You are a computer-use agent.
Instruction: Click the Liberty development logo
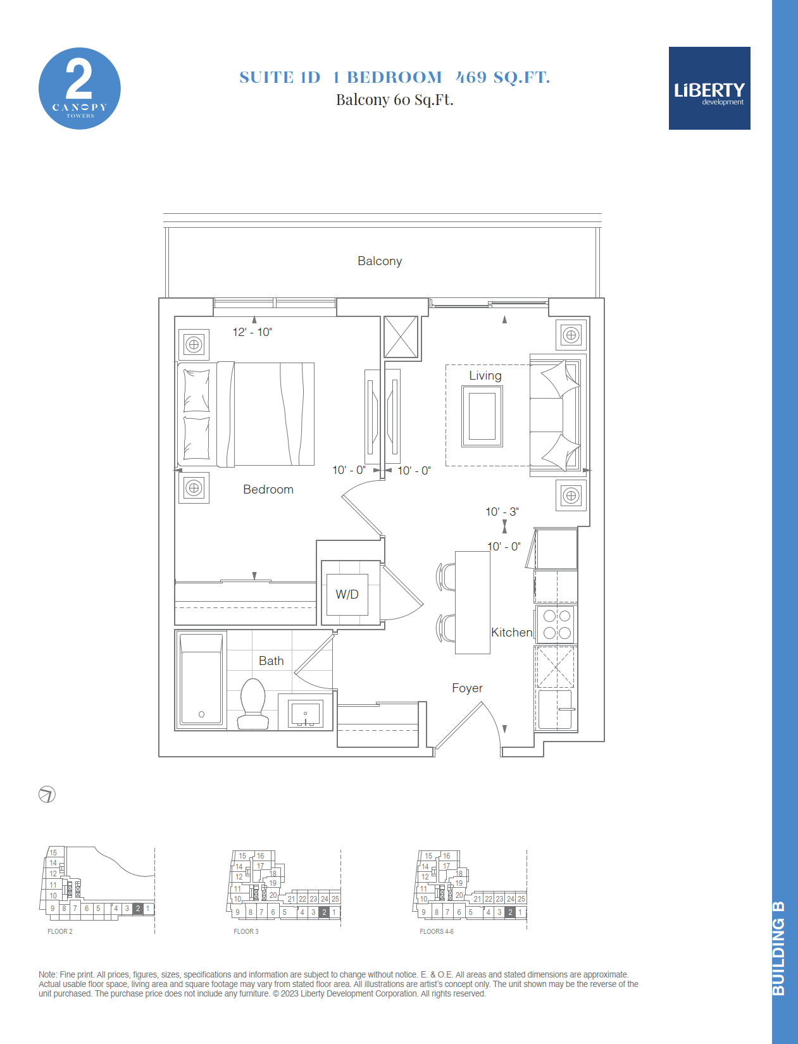709,88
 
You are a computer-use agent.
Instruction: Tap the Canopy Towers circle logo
79,88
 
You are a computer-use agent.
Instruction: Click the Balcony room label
380,261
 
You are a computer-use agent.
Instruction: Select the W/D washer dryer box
347,595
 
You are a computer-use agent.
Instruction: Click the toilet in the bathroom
252,704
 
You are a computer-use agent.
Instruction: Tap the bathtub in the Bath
201,679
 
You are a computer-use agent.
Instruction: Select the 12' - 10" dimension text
252,332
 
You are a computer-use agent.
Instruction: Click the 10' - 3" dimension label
502,512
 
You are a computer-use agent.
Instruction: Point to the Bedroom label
268,490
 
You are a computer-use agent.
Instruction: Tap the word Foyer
467,688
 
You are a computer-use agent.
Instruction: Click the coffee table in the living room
482,416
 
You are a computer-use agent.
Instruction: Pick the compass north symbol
47,794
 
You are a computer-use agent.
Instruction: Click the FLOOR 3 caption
246,931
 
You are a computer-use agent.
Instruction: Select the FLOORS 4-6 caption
437,931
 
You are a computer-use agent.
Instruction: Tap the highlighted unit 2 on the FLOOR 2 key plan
138,909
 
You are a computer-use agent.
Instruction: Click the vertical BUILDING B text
778,948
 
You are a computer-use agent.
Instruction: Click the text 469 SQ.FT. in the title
502,77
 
